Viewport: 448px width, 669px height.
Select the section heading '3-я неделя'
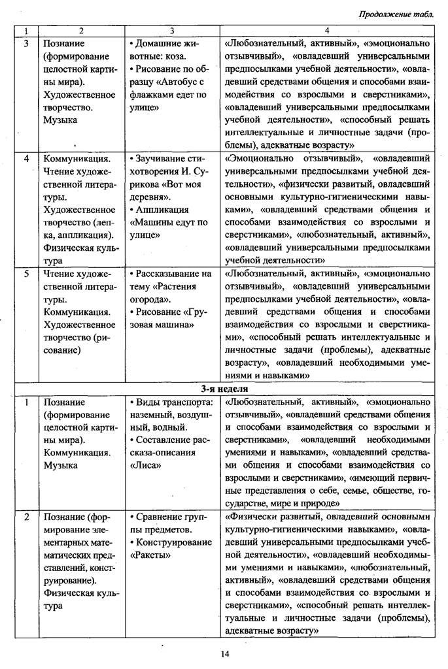224,389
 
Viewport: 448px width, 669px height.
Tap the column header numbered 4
326,31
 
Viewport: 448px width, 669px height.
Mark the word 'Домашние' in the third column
159,43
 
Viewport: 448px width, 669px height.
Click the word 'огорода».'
152,299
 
